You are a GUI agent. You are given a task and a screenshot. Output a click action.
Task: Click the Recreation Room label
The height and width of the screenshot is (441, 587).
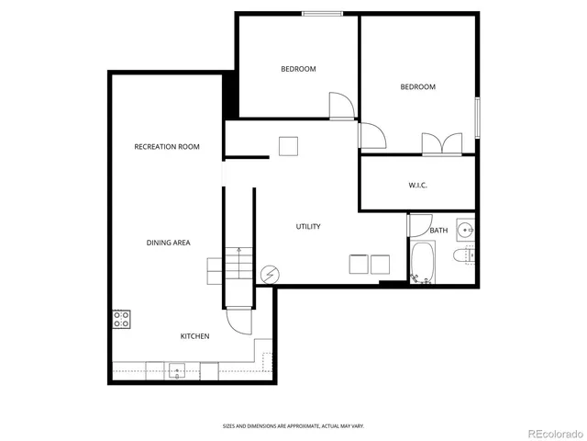pos(166,147)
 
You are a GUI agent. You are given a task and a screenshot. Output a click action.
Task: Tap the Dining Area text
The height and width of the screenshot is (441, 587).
pos(168,243)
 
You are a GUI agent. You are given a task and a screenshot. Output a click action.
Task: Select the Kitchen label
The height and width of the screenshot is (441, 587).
pos(194,336)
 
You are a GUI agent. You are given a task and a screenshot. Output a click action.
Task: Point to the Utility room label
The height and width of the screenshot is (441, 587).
pos(307,227)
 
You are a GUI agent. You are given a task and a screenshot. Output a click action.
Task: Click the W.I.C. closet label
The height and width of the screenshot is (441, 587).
pos(417,186)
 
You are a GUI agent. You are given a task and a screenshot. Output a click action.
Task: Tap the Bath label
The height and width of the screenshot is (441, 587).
pos(438,230)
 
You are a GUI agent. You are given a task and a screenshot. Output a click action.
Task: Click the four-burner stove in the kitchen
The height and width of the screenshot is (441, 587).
pos(121,319)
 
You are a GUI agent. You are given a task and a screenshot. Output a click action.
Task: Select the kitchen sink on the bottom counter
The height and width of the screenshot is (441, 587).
pos(176,371)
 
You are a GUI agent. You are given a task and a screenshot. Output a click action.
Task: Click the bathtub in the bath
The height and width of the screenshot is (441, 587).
pos(423,263)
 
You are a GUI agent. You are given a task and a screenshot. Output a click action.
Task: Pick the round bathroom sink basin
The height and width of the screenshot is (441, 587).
pos(465,230)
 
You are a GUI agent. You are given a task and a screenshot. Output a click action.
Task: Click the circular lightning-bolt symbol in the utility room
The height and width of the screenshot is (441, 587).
pos(270,273)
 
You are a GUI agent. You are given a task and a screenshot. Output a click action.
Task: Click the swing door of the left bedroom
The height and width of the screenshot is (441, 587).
pos(340,104)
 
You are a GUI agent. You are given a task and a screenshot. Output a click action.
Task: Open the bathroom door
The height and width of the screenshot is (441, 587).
pos(420,225)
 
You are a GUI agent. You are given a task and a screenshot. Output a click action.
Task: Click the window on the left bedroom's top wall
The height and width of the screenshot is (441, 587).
pos(322,13)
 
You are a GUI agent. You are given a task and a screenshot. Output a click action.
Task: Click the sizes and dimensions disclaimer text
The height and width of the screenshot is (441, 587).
pos(293,425)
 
